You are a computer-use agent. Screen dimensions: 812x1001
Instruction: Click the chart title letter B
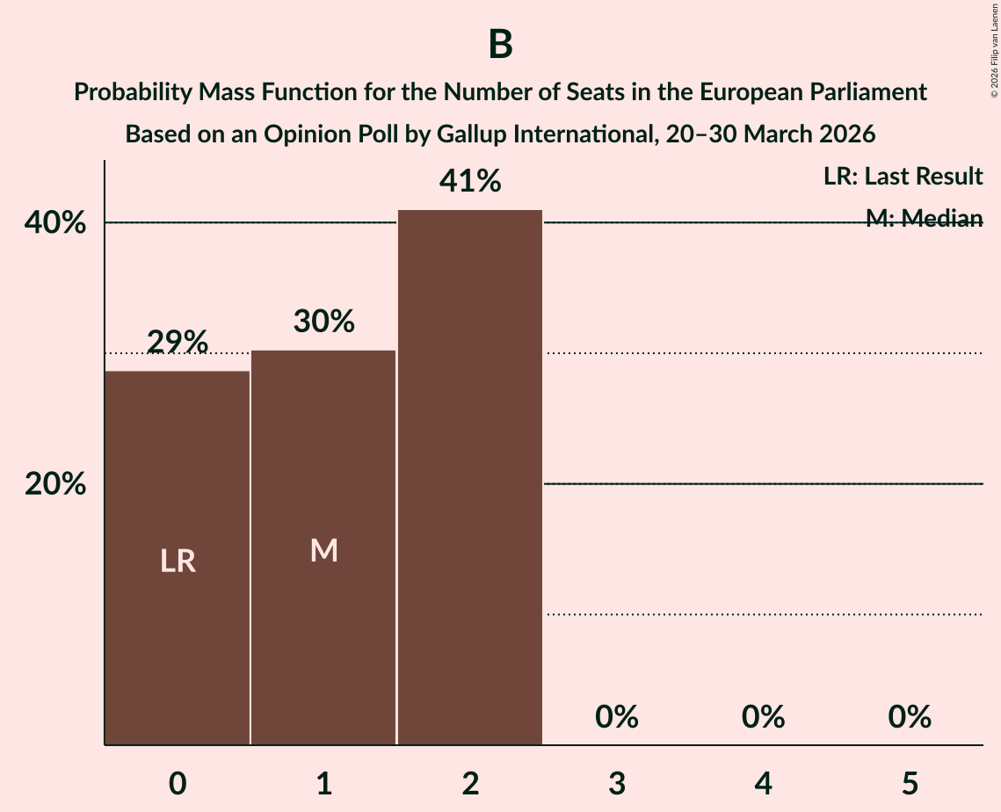500,45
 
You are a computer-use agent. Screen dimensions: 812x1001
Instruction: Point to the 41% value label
470,182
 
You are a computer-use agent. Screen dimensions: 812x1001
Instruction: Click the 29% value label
178,341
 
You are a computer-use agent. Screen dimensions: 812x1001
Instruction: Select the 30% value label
323,322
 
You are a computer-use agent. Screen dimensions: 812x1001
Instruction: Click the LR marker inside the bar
178,561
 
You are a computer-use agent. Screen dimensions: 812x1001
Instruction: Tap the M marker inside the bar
323,551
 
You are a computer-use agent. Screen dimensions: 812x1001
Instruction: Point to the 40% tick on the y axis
54,223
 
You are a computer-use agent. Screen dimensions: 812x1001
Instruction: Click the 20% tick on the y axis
54,484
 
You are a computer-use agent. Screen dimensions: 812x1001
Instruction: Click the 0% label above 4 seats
763,717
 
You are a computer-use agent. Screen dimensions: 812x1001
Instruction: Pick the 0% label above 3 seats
616,717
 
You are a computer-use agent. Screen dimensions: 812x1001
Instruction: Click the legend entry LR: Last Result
903,177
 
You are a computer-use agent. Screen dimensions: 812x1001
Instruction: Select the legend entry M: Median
924,219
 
